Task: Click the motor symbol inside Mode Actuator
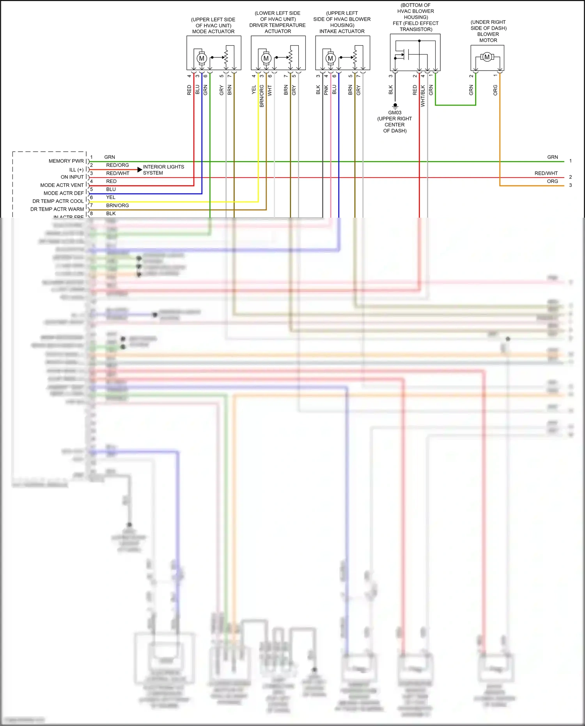pyautogui.click(x=202, y=59)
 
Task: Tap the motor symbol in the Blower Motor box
pyautogui.click(x=487, y=57)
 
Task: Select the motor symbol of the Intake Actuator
pyautogui.click(x=330, y=59)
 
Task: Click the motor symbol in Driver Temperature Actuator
pyautogui.click(x=266, y=59)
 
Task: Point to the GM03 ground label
pyautogui.click(x=395, y=113)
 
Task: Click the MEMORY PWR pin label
pyautogui.click(x=66, y=161)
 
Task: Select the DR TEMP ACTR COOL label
pyautogui.click(x=58, y=201)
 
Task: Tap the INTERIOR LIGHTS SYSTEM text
pyautogui.click(x=163, y=170)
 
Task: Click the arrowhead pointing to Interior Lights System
pyautogui.click(x=140, y=170)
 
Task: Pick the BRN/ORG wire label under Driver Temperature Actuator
pyautogui.click(x=262, y=96)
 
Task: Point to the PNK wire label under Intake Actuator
pyautogui.click(x=326, y=90)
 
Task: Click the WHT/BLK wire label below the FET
pyautogui.click(x=423, y=96)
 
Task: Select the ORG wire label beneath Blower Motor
pyautogui.click(x=495, y=90)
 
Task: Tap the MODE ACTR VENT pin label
pyautogui.click(x=62, y=185)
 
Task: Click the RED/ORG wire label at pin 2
pyautogui.click(x=117, y=165)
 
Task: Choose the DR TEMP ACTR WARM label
pyautogui.click(x=57, y=209)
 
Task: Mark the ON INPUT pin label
pyautogui.click(x=72, y=177)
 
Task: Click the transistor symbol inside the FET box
pyautogui.click(x=404, y=54)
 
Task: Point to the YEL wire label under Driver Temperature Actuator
pyautogui.click(x=254, y=90)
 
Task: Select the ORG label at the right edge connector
pyautogui.click(x=552, y=181)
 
